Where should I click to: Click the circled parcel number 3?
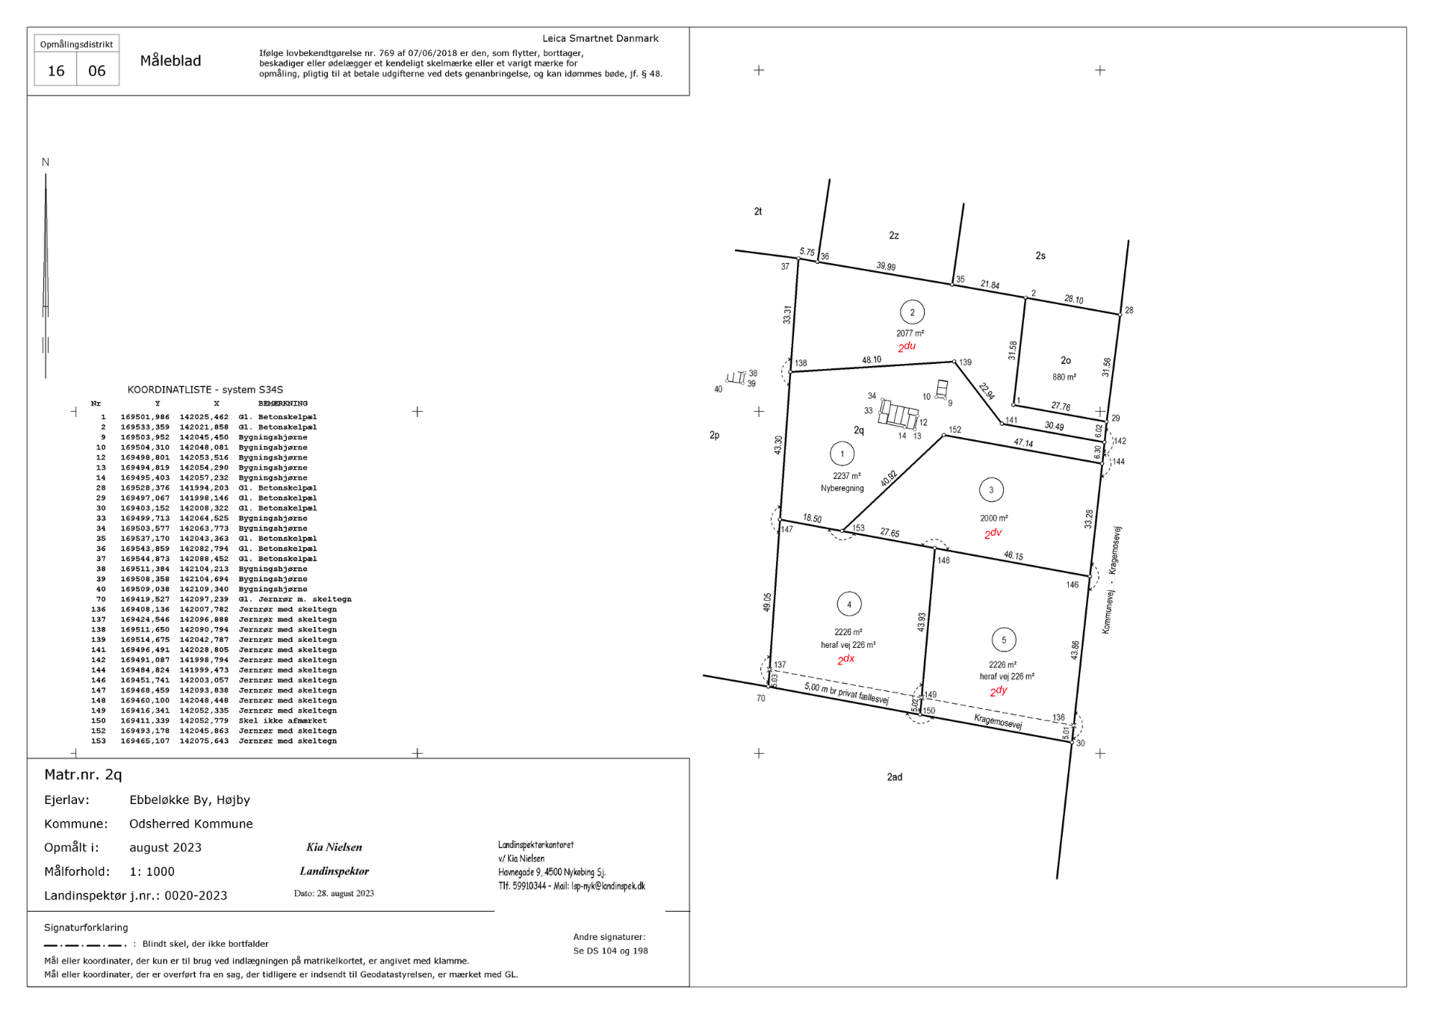pyautogui.click(x=991, y=490)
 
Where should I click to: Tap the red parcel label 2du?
pyautogui.click(x=907, y=347)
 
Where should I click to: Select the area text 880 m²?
pyautogui.click(x=1064, y=377)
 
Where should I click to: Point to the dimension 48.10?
pyautogui.click(x=872, y=359)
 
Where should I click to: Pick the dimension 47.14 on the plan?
pyautogui.click(x=1023, y=443)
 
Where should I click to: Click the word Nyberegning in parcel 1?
pyautogui.click(x=842, y=489)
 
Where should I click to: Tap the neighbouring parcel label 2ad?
pyautogui.click(x=895, y=777)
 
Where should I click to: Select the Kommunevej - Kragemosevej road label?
pyautogui.click(x=1111, y=580)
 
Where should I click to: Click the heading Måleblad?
pyautogui.click(x=170, y=61)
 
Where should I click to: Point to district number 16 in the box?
pyautogui.click(x=56, y=71)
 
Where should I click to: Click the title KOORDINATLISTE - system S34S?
pyautogui.click(x=205, y=389)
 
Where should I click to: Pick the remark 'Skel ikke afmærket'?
pyautogui.click(x=282, y=721)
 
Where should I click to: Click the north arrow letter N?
pyautogui.click(x=46, y=162)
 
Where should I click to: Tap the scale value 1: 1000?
pyautogui.click(x=152, y=871)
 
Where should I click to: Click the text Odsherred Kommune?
pyautogui.click(x=191, y=823)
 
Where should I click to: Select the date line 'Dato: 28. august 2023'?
pyautogui.click(x=334, y=893)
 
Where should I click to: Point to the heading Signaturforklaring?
pyautogui.click(x=86, y=928)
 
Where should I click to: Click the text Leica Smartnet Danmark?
pyautogui.click(x=600, y=38)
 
